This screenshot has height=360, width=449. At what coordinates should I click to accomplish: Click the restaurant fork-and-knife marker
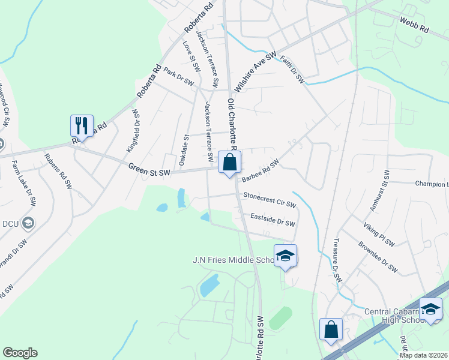[82, 125]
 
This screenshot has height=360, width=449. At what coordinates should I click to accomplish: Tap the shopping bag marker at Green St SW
[229, 161]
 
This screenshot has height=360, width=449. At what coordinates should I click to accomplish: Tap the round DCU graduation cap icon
[27, 224]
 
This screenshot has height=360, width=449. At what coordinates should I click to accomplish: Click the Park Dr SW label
[178, 76]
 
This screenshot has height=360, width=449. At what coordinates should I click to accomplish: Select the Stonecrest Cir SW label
[270, 199]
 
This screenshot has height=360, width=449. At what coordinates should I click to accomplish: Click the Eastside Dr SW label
[273, 220]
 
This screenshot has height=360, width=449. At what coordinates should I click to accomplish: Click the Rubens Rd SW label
[58, 171]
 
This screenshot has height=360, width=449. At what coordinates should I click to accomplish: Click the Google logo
[20, 353]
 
